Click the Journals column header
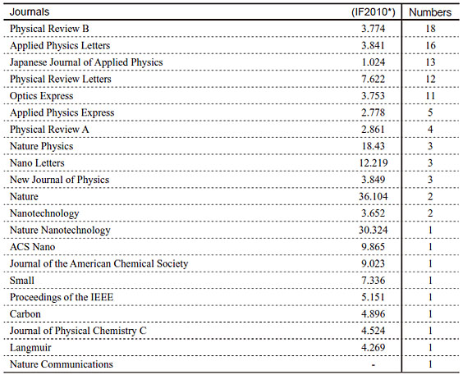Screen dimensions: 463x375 (x=30, y=12)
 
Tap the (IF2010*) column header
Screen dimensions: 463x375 (x=374, y=12)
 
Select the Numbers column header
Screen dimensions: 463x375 (x=430, y=12)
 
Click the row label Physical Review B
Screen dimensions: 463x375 (x=49, y=29)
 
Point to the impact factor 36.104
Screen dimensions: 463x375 (x=374, y=196)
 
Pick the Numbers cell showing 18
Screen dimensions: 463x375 (x=430, y=29)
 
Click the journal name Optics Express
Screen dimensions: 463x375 (x=41, y=96)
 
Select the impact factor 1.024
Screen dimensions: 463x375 (x=374, y=62)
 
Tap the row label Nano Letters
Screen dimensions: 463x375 (x=37, y=163)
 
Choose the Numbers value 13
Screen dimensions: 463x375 (x=430, y=62)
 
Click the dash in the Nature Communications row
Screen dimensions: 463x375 (x=374, y=365)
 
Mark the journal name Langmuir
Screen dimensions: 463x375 (x=30, y=348)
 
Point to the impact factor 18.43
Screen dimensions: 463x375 (x=374, y=146)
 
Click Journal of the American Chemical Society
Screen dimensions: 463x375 (x=99, y=263)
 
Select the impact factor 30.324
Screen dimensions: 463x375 (x=374, y=230)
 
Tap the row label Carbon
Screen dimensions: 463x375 (x=25, y=314)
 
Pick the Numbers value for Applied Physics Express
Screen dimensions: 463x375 (x=430, y=112)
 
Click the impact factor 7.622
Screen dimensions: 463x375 (x=374, y=79)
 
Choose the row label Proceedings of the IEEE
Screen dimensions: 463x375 (x=62, y=297)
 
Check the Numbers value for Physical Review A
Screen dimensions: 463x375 (x=430, y=130)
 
